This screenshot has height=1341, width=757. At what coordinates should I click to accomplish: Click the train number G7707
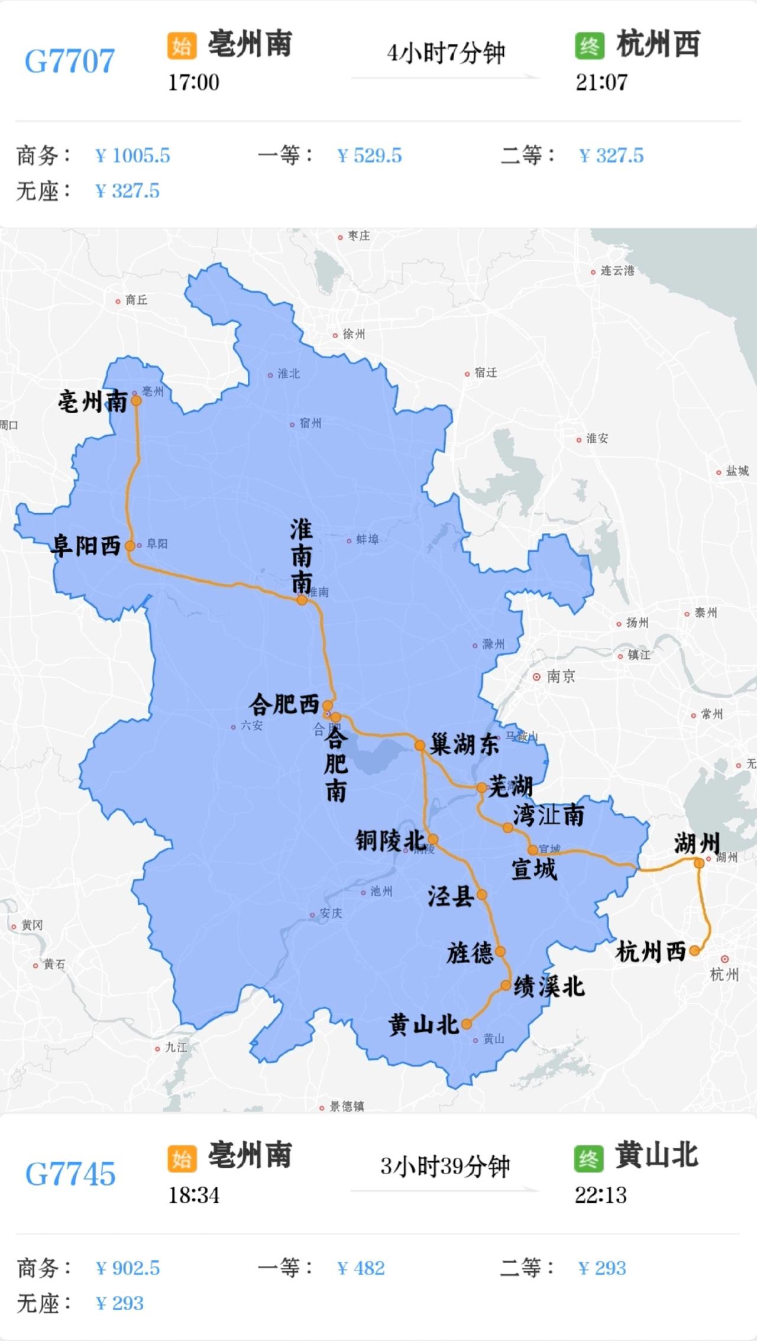pyautogui.click(x=70, y=61)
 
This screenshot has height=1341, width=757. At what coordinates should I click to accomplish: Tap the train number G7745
pyautogui.click(x=70, y=1174)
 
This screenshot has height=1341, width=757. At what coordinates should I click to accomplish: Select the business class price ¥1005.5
pyautogui.click(x=132, y=156)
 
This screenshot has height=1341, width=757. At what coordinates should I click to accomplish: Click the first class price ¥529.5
pyautogui.click(x=369, y=156)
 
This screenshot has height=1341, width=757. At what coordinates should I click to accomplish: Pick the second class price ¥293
pyautogui.click(x=602, y=1268)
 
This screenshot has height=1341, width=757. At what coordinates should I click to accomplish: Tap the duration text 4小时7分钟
pyautogui.click(x=446, y=53)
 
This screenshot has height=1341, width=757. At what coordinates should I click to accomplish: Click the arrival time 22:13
pyautogui.click(x=601, y=1195)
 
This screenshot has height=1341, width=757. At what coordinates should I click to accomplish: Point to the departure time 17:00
pyautogui.click(x=193, y=82)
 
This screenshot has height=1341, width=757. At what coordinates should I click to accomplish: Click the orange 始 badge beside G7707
pyautogui.click(x=182, y=45)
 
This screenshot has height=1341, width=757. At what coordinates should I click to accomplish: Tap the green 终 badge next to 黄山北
pyautogui.click(x=588, y=1158)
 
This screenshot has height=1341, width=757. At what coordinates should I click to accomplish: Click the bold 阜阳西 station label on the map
pyautogui.click(x=86, y=545)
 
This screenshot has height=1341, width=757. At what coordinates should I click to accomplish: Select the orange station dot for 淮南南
pyautogui.click(x=302, y=600)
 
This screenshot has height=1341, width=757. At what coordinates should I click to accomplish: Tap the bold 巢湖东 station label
pyautogui.click(x=464, y=744)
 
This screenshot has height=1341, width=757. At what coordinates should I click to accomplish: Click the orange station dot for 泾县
pyautogui.click(x=482, y=895)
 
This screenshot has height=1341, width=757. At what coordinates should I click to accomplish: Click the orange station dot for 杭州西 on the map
pyautogui.click(x=694, y=951)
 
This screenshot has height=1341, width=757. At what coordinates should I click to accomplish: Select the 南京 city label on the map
pyautogui.click(x=560, y=676)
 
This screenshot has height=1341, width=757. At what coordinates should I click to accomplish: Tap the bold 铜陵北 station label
pyautogui.click(x=390, y=840)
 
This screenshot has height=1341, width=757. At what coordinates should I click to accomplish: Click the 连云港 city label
pyautogui.click(x=617, y=271)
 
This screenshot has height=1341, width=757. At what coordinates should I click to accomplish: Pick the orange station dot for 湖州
pyautogui.click(x=699, y=863)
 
